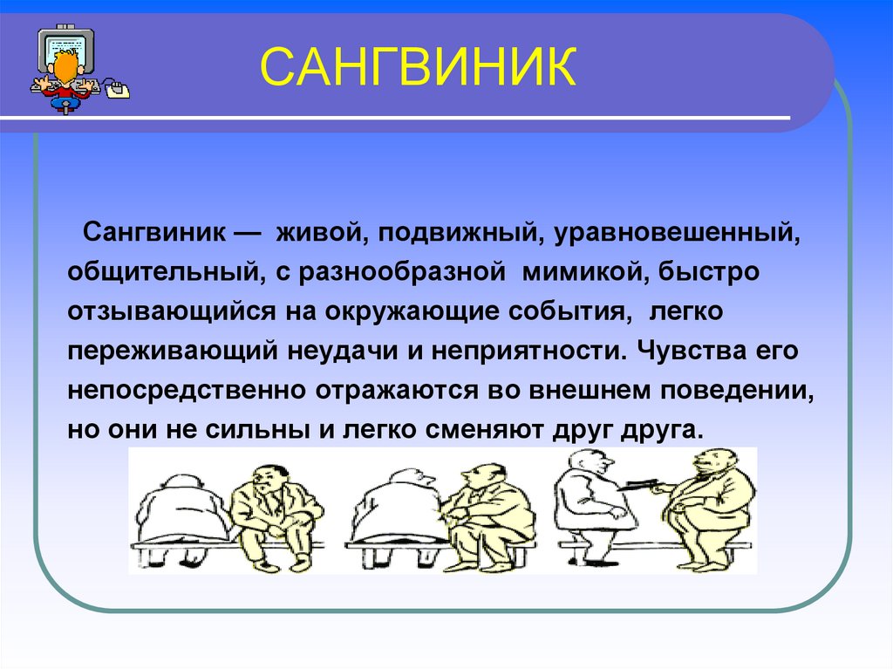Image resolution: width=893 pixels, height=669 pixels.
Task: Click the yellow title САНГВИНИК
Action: click(418, 66)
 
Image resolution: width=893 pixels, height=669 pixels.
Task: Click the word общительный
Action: click(165, 272)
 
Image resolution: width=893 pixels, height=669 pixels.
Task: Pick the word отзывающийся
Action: click(172, 312)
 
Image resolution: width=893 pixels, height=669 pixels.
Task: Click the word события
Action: click(569, 311)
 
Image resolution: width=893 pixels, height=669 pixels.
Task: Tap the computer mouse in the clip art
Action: click(118, 89)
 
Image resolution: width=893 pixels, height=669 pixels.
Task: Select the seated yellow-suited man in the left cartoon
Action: click(273, 515)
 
